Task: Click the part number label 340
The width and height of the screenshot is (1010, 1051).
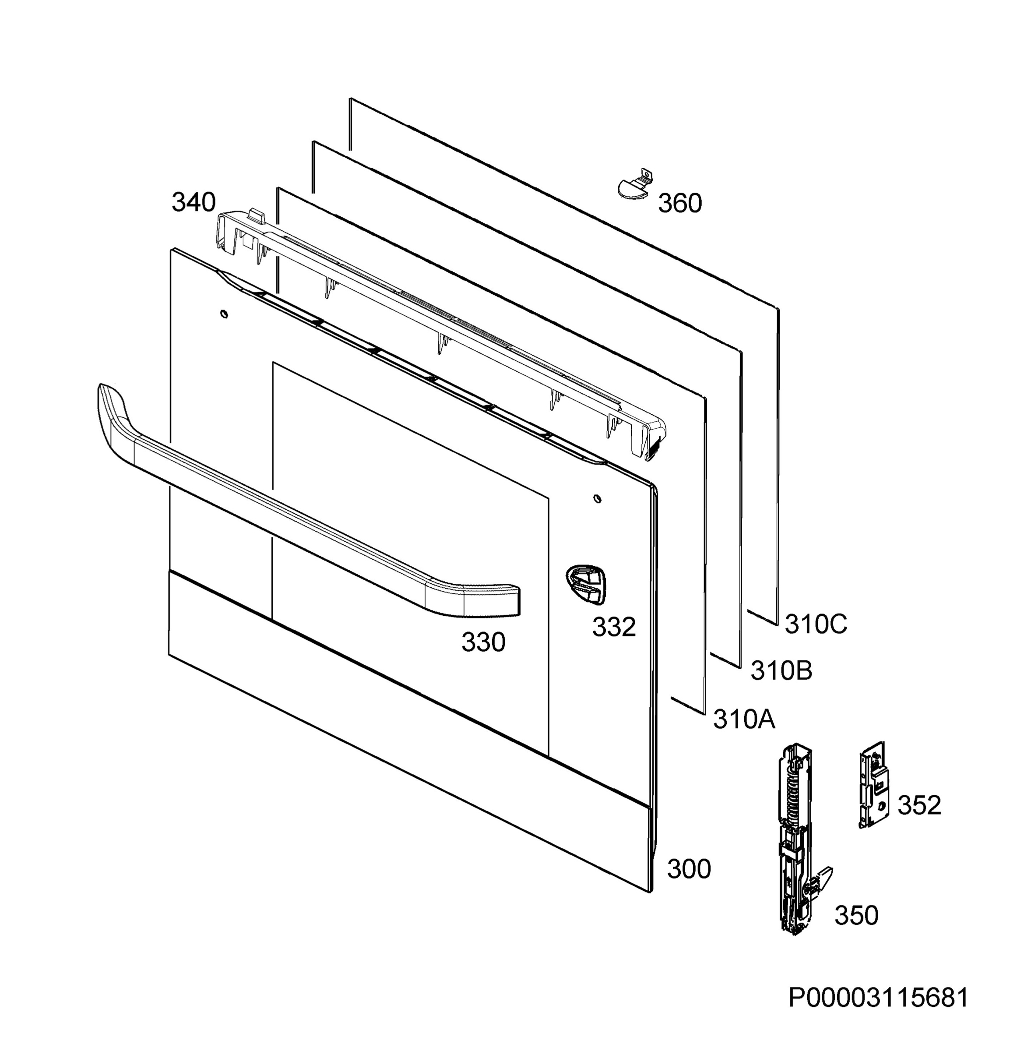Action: [x=194, y=203]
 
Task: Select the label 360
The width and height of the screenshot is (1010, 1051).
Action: [x=680, y=204]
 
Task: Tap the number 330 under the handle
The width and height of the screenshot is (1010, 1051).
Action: [x=484, y=642]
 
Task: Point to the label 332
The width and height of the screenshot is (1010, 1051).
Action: [x=614, y=626]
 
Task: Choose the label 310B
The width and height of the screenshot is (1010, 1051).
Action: [x=781, y=670]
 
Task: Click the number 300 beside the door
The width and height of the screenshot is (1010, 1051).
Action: [x=689, y=869]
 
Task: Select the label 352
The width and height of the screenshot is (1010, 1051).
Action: [x=919, y=805]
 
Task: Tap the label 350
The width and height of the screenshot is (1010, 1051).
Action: [x=856, y=915]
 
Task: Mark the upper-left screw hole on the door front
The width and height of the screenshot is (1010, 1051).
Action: [x=224, y=314]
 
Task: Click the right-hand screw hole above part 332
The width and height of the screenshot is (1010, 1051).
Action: [x=597, y=499]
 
